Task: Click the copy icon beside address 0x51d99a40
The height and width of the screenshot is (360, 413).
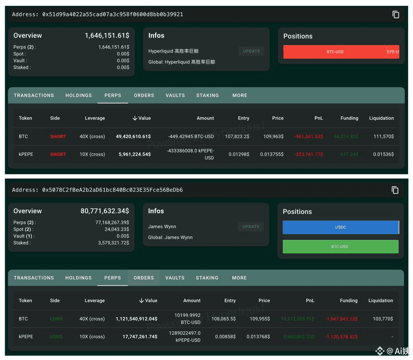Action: point(396,14)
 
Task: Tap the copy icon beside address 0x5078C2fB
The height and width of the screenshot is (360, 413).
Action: point(395,190)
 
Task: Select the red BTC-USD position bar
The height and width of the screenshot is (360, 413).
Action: point(335,52)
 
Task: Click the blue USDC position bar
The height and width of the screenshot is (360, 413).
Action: point(340,227)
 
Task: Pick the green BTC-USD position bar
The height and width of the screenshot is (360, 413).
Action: point(340,247)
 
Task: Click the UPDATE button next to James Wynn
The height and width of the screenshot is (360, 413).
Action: point(251,227)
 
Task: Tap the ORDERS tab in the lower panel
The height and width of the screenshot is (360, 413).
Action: point(144,278)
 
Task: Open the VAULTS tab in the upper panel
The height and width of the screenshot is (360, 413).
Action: point(175,95)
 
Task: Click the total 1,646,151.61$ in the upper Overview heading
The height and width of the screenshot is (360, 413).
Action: point(107,35)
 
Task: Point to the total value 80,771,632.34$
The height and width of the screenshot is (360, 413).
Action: point(105,211)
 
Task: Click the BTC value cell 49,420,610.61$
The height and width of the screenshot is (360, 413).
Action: point(133,137)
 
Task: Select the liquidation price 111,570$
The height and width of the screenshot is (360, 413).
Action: point(383,137)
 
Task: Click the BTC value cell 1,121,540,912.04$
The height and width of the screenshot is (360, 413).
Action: point(136,319)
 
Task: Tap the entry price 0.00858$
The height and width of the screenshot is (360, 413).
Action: point(225,337)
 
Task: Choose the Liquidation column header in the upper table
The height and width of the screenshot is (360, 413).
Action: point(381,118)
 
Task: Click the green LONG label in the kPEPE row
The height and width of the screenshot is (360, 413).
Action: point(56,337)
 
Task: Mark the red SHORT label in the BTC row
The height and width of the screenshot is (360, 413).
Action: point(58,137)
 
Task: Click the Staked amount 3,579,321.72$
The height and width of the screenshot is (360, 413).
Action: point(114,243)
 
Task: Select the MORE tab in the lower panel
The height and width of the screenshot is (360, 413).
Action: point(239,278)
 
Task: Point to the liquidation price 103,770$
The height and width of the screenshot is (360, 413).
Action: point(383,319)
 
